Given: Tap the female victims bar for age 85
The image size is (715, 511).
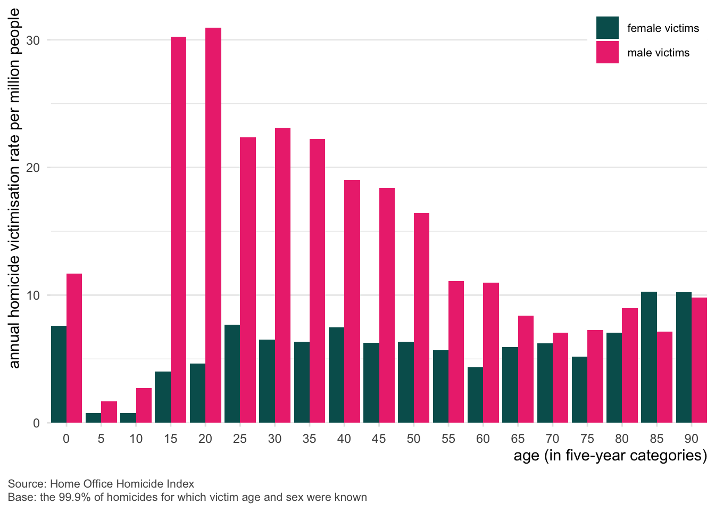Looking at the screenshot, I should [649, 357].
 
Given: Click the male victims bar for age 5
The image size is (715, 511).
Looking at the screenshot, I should [109, 412].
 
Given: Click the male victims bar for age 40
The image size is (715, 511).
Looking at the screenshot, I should [352, 301].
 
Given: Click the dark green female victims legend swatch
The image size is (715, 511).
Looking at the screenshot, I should [607, 28].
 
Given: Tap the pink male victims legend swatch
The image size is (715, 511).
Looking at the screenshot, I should [607, 52].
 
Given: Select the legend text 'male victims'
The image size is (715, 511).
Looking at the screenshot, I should [658, 53].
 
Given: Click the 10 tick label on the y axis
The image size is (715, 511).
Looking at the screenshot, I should [33, 295].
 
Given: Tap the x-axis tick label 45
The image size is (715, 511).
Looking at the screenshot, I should [379, 439].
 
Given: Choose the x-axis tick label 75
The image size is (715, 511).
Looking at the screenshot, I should [587, 439].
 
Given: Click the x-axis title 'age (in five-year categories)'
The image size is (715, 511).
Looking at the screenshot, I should [610, 456].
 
